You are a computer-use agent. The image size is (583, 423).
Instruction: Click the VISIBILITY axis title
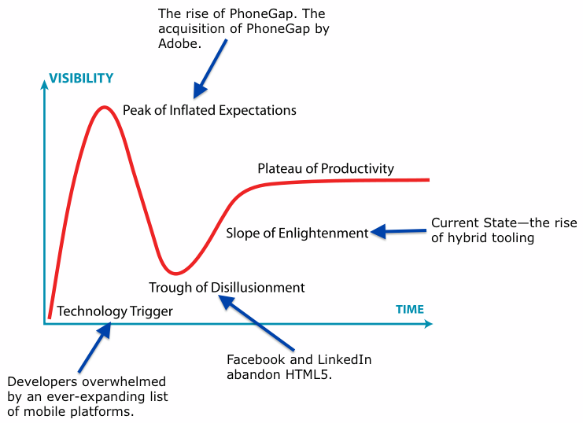[x=81, y=78]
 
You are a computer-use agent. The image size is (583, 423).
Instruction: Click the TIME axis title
[x=409, y=309]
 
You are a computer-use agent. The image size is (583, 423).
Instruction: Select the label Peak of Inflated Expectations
[x=209, y=110]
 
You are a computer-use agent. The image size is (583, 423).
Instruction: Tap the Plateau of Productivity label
[x=326, y=169]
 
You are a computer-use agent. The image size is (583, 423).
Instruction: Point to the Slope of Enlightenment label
[x=297, y=233]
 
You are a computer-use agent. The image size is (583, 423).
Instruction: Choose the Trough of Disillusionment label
[x=227, y=288]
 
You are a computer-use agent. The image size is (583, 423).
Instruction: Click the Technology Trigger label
[x=115, y=311]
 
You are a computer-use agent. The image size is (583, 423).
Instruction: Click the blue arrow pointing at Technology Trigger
[x=94, y=345]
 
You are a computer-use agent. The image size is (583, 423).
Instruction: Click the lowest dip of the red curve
[x=180, y=273]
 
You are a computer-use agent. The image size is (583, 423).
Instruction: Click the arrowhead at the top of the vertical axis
[x=44, y=81]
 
